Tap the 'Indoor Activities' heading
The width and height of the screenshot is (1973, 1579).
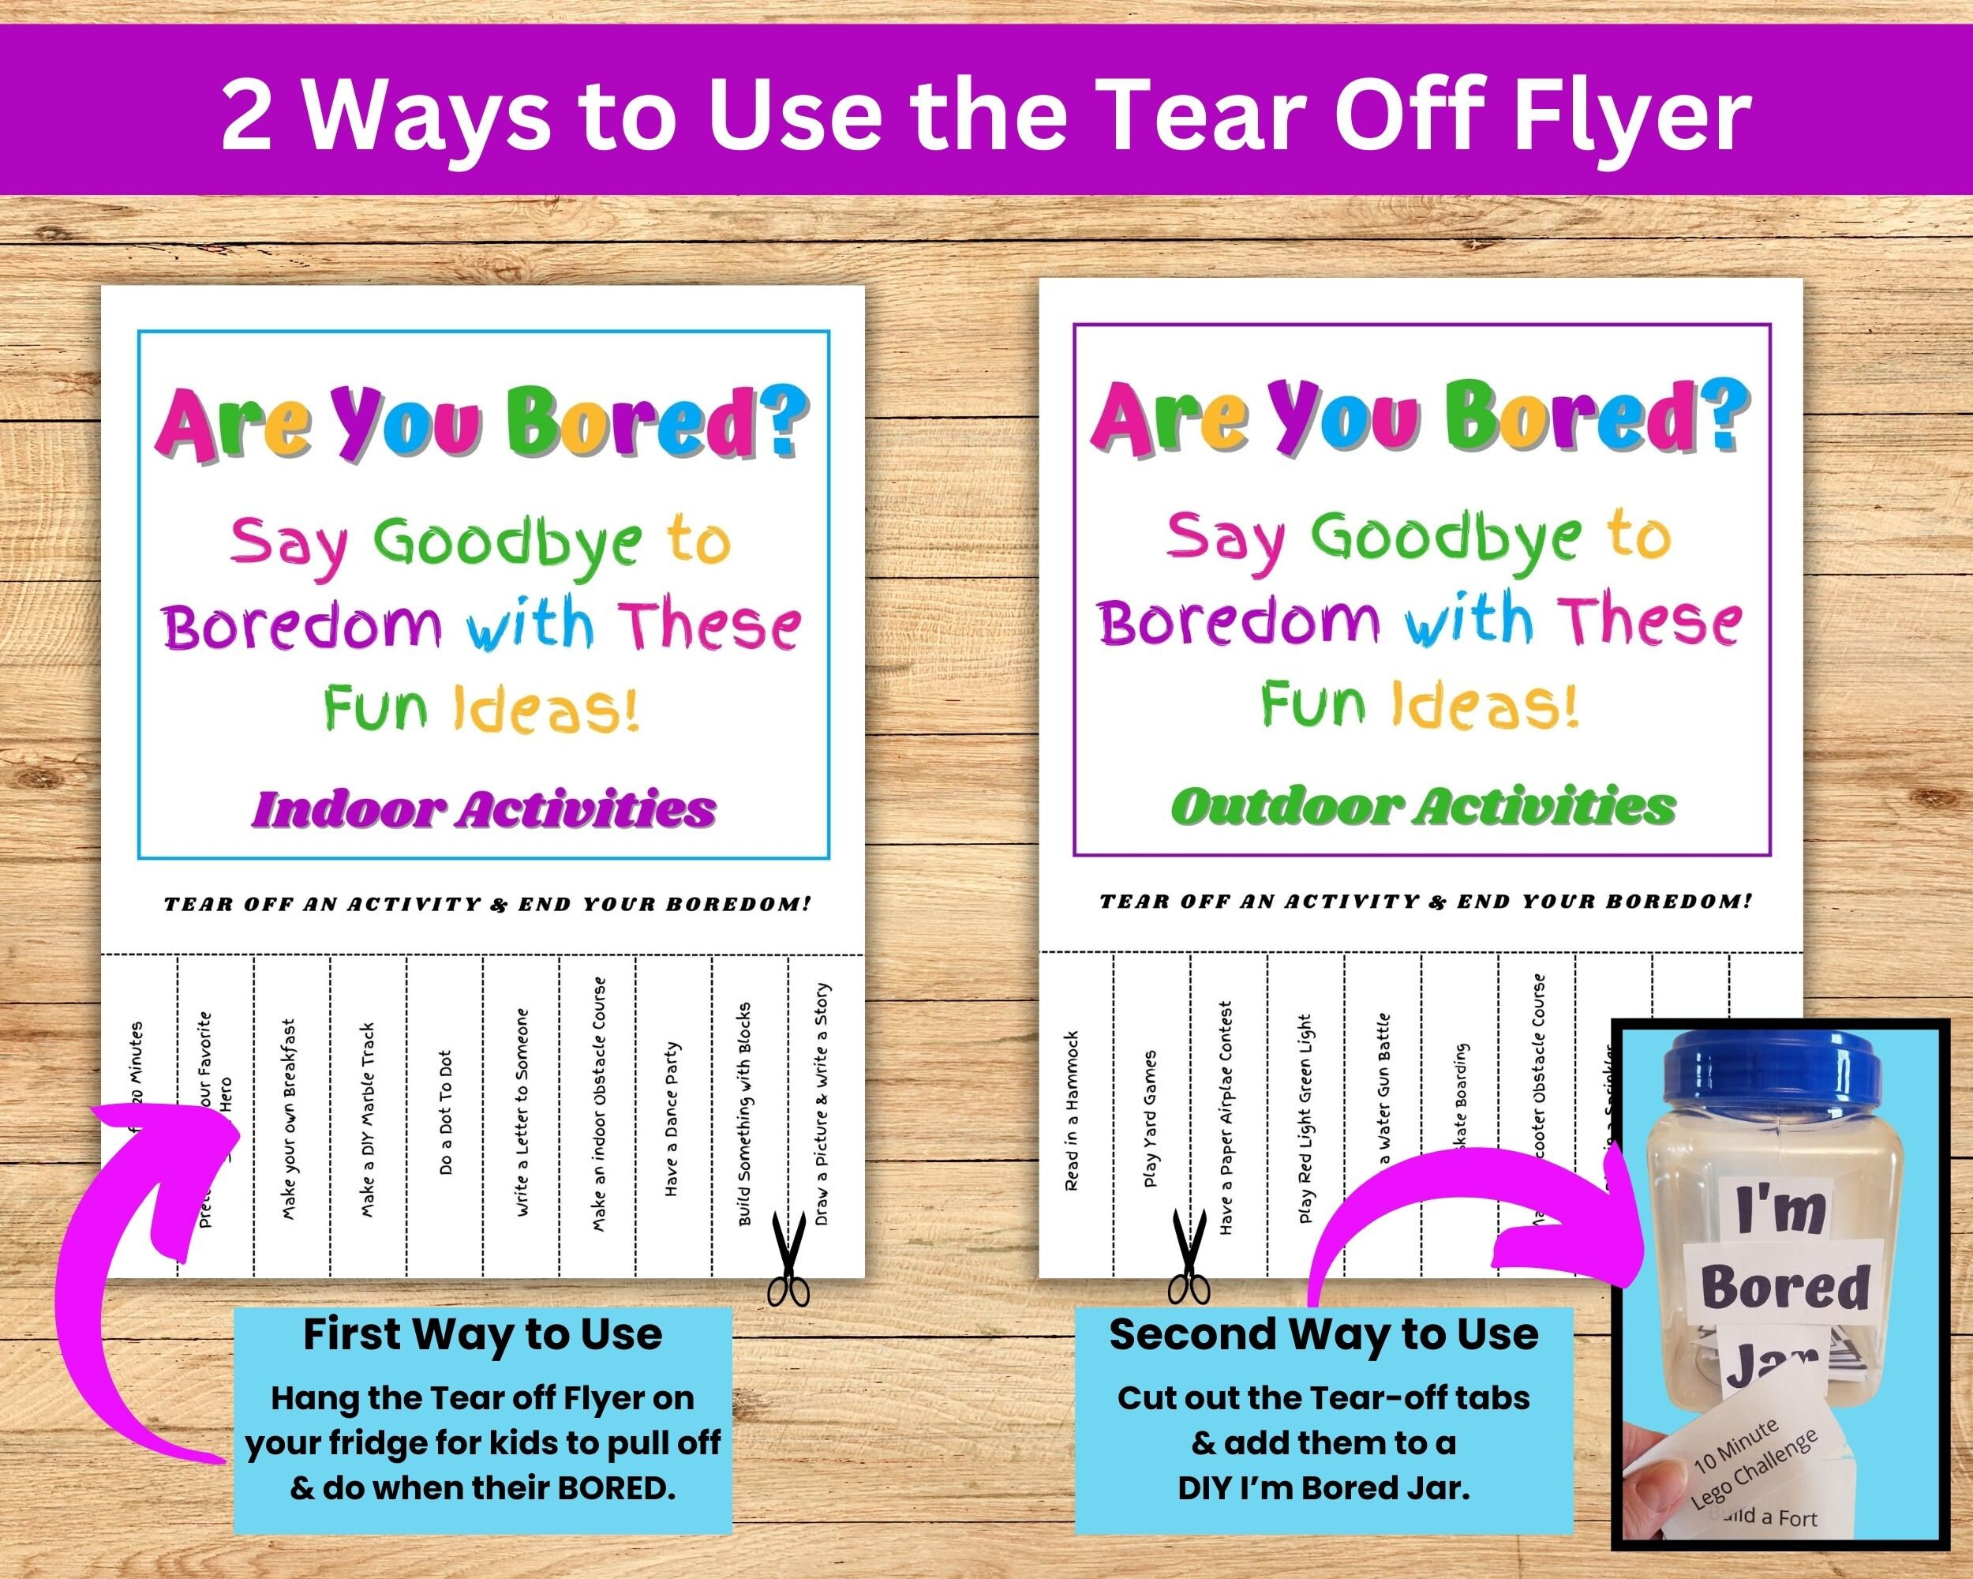(x=483, y=809)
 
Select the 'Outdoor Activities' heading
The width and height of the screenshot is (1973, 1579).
(x=1423, y=806)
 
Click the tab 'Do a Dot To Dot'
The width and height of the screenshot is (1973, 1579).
(x=446, y=1113)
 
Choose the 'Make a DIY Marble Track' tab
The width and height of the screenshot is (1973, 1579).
(x=368, y=1119)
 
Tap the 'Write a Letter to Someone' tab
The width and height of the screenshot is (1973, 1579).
(x=522, y=1112)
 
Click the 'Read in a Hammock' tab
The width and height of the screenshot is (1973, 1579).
(x=1073, y=1112)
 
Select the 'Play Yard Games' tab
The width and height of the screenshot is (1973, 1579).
(x=1151, y=1119)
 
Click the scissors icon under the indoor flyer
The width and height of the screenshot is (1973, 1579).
(x=787, y=1258)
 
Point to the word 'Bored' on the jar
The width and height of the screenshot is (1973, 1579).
(x=1784, y=1287)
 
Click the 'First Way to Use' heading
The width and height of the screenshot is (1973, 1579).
(x=482, y=1334)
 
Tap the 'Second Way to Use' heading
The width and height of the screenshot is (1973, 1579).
(x=1323, y=1333)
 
